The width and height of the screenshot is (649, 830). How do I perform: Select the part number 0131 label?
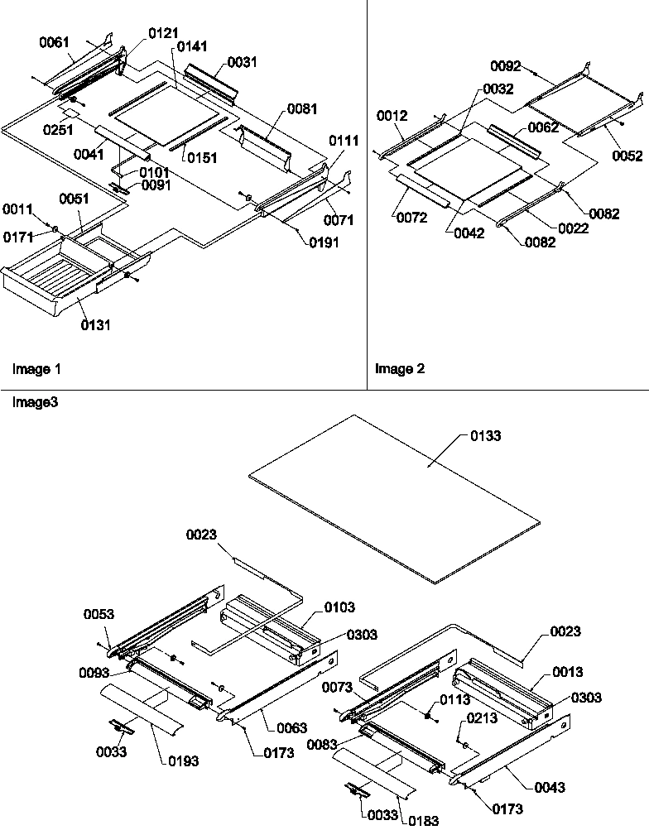(x=96, y=325)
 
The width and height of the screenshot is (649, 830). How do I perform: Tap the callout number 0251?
(x=57, y=129)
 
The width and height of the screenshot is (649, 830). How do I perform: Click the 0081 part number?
(x=302, y=108)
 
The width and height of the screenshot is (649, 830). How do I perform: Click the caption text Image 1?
(x=36, y=368)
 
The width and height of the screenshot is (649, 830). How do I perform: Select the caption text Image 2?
(x=400, y=369)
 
